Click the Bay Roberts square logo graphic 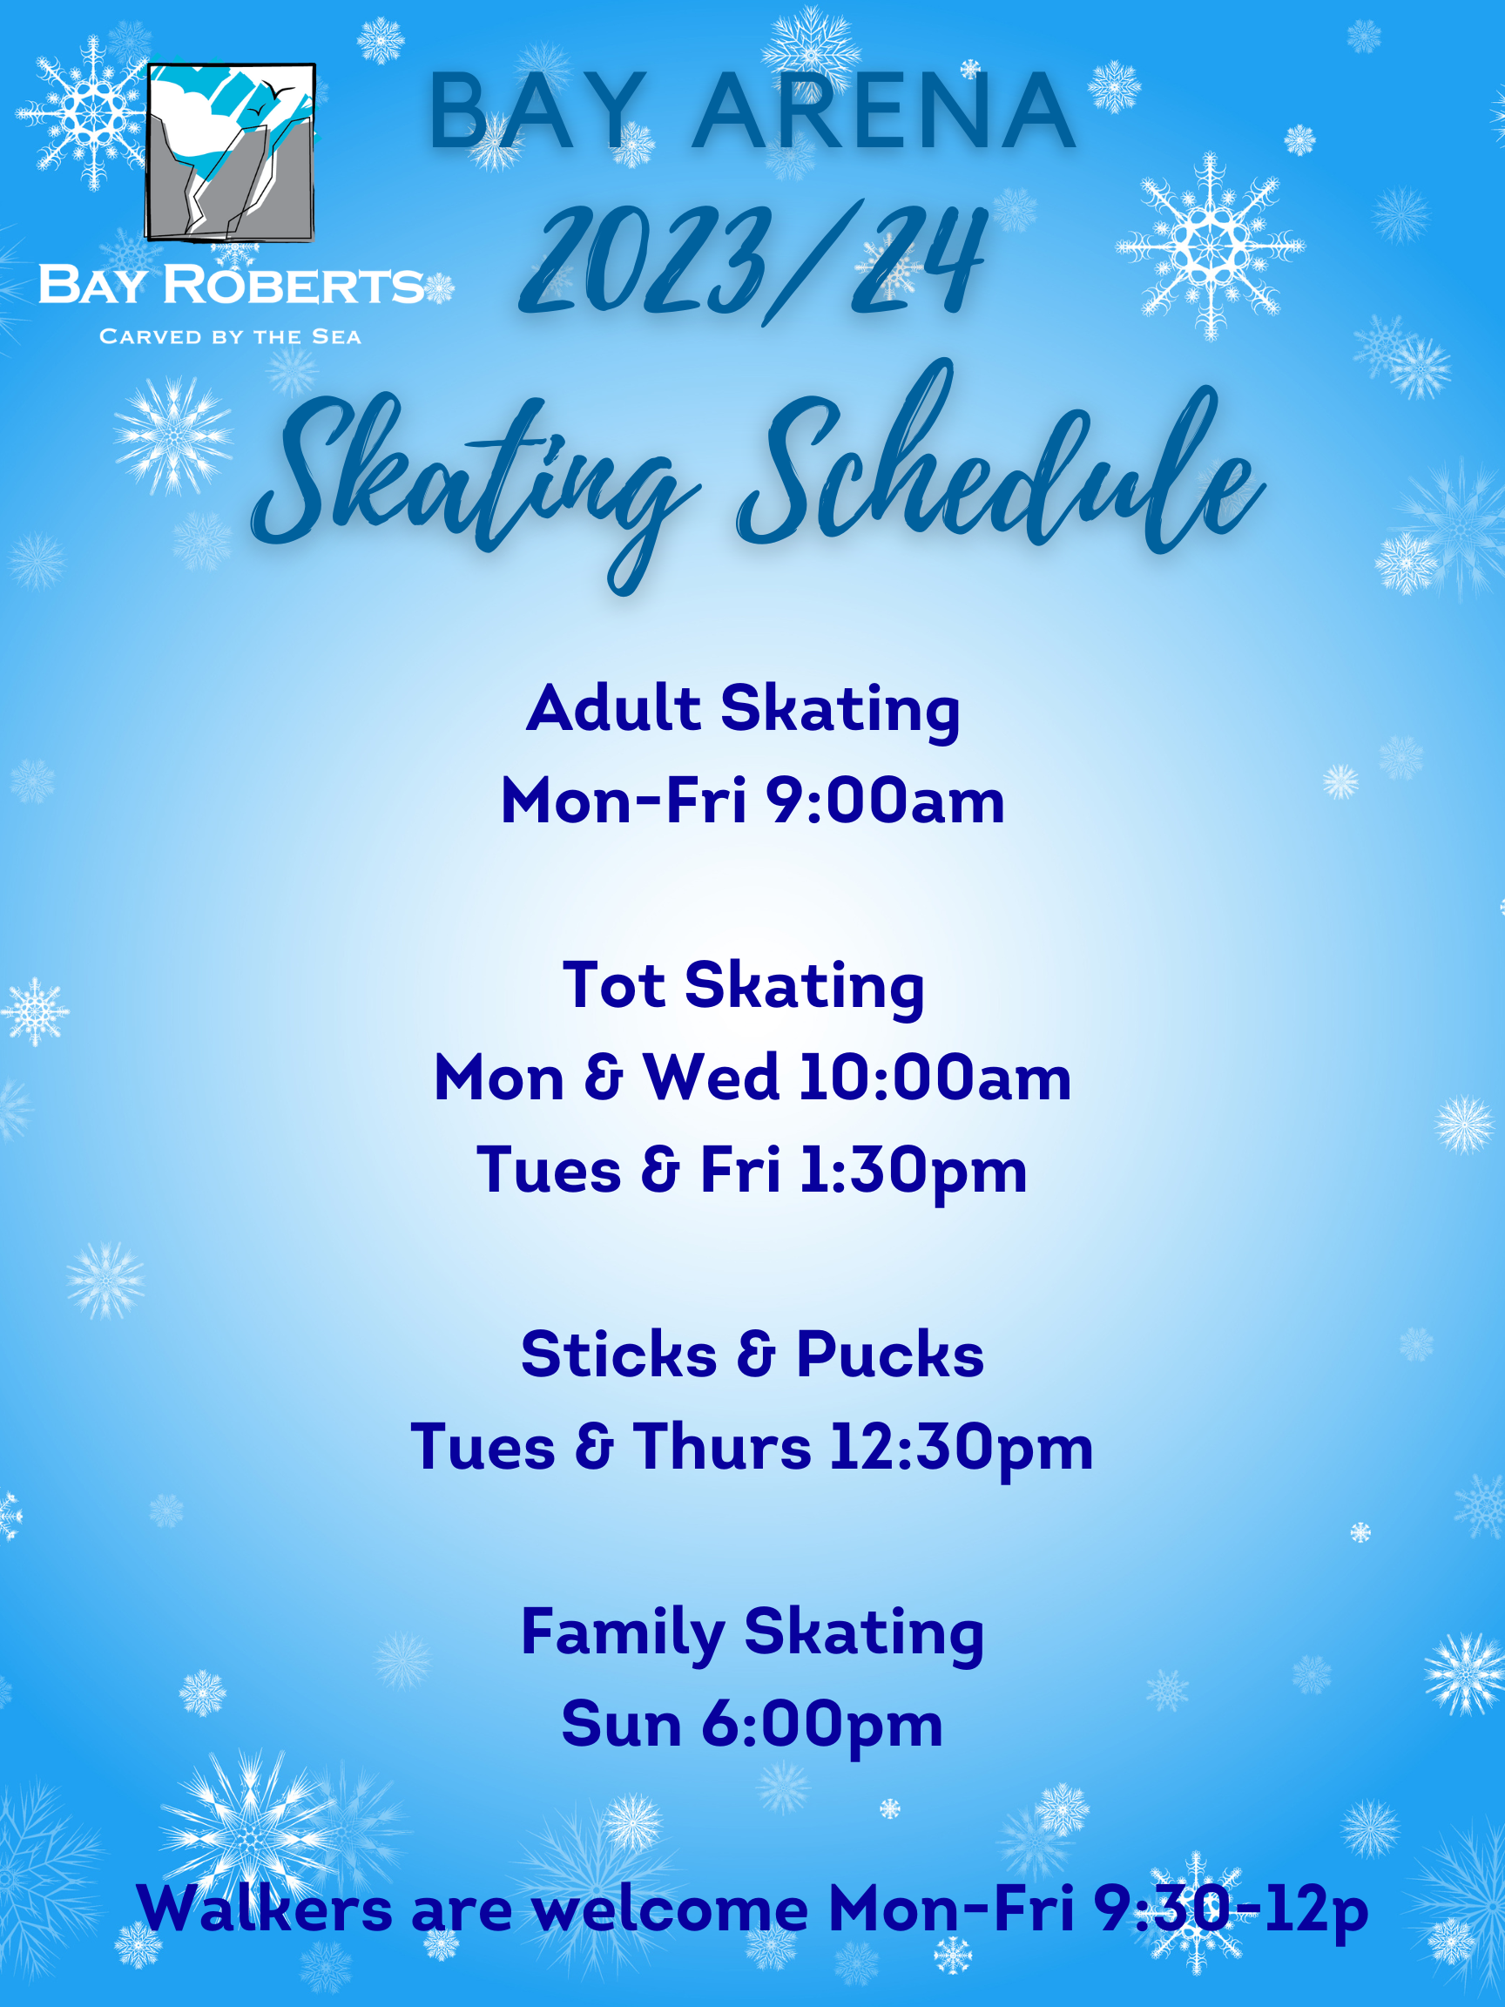pyautogui.click(x=231, y=152)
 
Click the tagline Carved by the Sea pyautogui.click(x=231, y=336)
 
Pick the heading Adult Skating pyautogui.click(x=743, y=711)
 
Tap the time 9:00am pyautogui.click(x=886, y=801)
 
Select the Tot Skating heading pyautogui.click(x=743, y=987)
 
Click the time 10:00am pyautogui.click(x=935, y=1078)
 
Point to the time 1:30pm pyautogui.click(x=913, y=1172)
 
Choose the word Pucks pyautogui.click(x=890, y=1355)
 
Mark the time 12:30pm pyautogui.click(x=962, y=1449)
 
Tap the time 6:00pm pyautogui.click(x=822, y=1727)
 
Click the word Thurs pyautogui.click(x=722, y=1447)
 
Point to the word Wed pyautogui.click(x=712, y=1078)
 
